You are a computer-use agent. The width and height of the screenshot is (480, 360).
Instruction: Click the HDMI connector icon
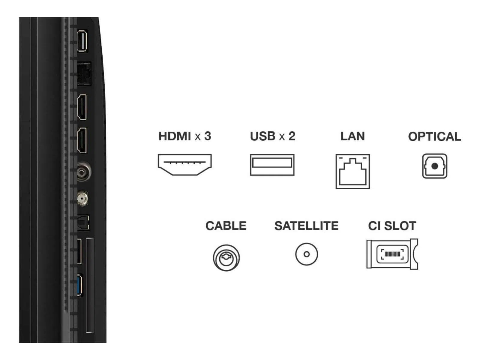184,164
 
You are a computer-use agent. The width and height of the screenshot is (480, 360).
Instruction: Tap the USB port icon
272,165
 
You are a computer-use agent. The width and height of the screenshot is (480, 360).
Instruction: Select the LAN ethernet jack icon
352,172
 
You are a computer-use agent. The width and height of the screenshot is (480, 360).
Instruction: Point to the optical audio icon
434,166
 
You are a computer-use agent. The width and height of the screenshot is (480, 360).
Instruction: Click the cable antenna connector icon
226,257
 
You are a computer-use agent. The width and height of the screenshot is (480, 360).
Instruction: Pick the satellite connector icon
306,254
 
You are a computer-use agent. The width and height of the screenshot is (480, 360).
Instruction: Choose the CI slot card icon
392,254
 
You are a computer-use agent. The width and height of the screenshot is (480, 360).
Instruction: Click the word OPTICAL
434,137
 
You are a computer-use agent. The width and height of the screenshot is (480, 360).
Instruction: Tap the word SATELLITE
306,226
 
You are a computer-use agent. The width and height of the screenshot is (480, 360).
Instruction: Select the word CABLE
226,226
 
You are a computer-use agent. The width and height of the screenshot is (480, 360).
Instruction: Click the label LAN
352,136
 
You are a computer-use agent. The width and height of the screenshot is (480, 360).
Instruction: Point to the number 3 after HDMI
208,136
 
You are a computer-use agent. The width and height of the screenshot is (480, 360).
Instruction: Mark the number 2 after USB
292,136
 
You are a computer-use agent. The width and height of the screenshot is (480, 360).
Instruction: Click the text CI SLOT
392,226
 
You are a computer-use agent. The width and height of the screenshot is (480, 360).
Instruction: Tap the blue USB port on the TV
80,285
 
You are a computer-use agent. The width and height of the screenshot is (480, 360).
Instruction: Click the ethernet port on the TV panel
84,74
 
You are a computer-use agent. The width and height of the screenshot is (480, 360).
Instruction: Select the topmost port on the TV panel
82,41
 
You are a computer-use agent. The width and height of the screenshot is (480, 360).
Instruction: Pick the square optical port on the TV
83,222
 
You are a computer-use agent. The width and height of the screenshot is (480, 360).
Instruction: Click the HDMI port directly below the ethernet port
82,107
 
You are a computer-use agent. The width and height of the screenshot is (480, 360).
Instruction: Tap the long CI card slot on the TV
90,285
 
